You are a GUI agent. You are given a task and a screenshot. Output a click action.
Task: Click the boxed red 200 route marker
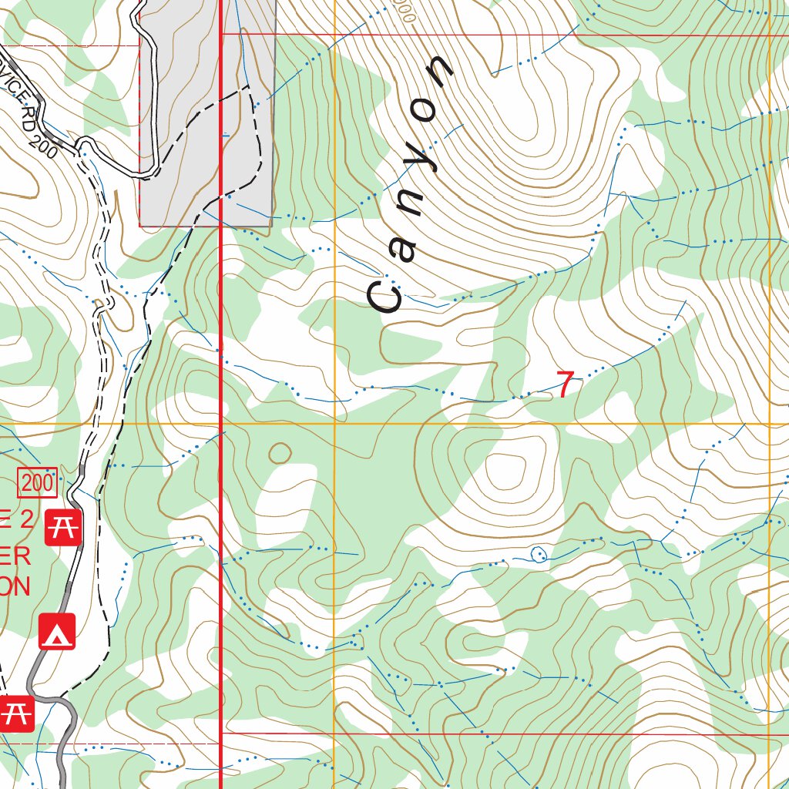(39, 484)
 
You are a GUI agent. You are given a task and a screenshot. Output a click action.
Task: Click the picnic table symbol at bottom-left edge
(15, 713)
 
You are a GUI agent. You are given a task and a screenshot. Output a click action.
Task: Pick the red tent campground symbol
(57, 631)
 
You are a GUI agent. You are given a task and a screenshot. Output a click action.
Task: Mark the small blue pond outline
(539, 553)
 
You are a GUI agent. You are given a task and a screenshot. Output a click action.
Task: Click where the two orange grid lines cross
(334, 424)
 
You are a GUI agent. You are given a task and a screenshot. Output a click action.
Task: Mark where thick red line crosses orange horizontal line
(222, 424)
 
